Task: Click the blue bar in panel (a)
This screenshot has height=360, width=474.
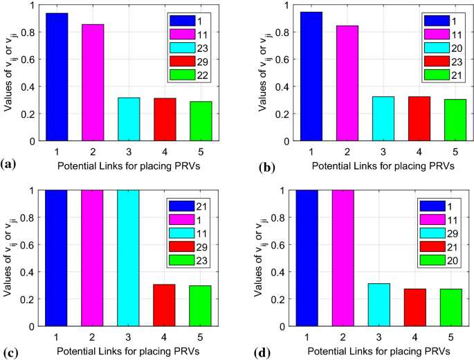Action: coord(56,77)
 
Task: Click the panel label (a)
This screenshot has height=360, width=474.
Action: coord(9,164)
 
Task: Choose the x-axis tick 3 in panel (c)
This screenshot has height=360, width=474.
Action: coord(128,337)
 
